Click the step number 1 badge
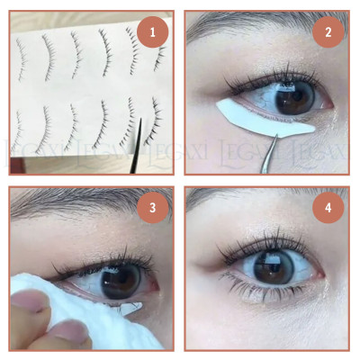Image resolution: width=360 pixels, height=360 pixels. pyautogui.click(x=153, y=35)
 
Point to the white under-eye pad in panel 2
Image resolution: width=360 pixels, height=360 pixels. pyautogui.click(x=261, y=120)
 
